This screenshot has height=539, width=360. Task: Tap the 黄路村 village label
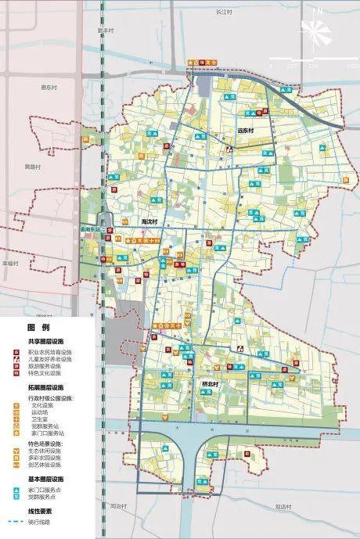[32, 167]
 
